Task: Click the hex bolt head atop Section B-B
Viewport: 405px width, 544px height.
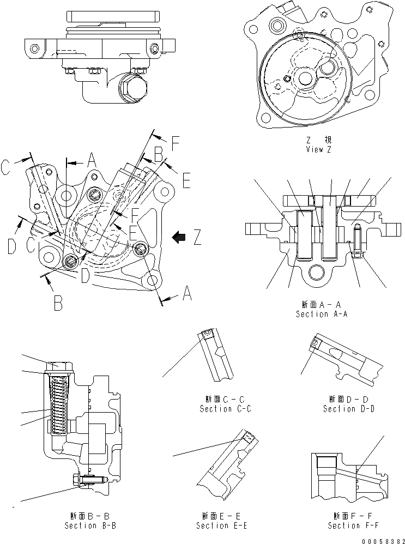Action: pyautogui.click(x=57, y=366)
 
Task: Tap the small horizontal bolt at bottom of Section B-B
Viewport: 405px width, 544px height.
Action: pyautogui.click(x=89, y=480)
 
